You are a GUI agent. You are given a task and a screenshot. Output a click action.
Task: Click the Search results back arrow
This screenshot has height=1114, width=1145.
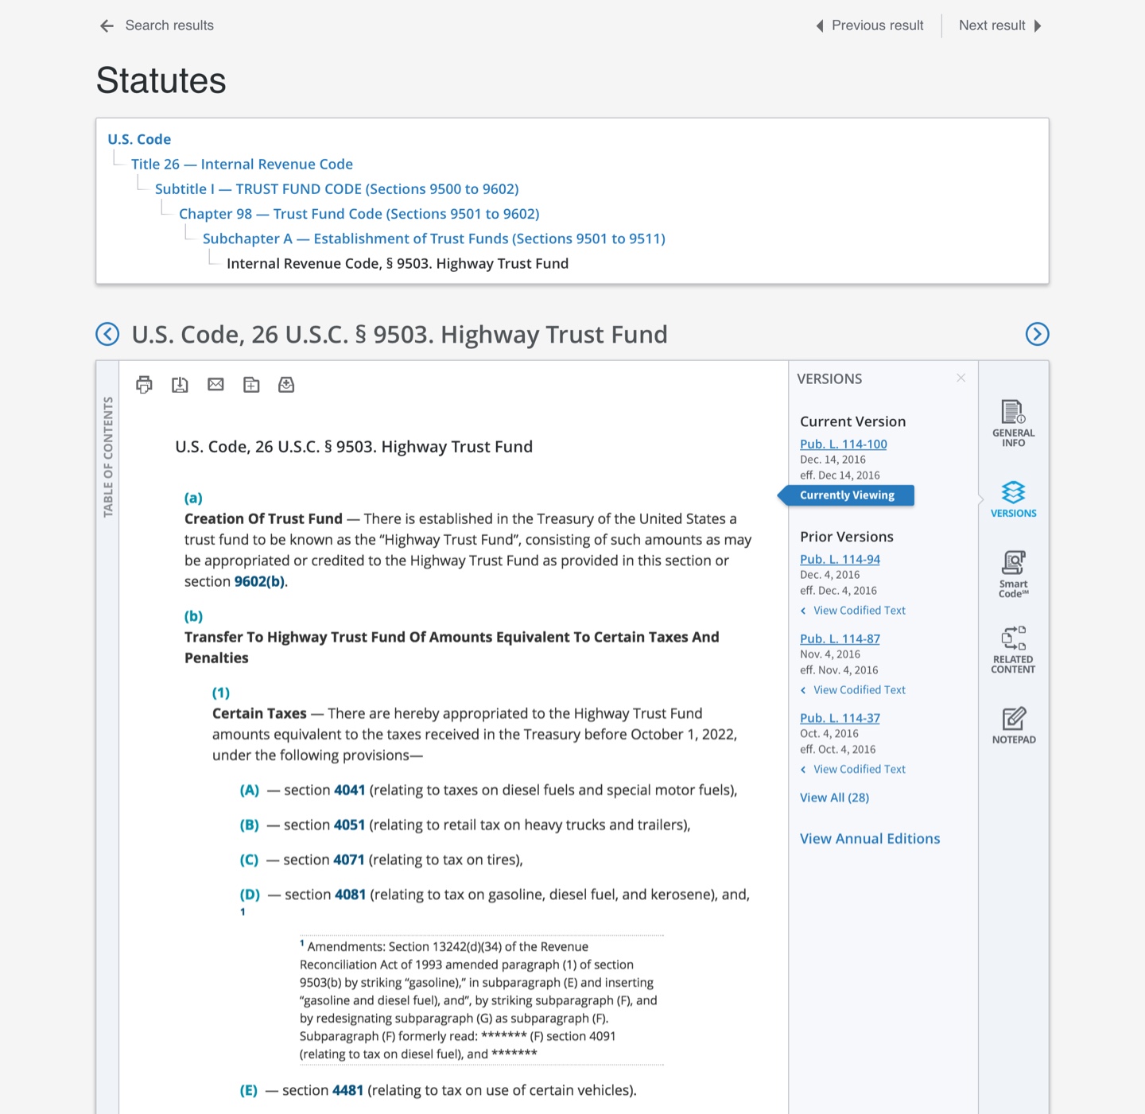click(107, 26)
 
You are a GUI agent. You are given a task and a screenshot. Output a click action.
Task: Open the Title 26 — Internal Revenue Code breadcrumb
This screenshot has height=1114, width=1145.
click(242, 164)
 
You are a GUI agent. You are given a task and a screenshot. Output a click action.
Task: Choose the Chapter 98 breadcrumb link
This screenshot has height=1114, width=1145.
click(359, 214)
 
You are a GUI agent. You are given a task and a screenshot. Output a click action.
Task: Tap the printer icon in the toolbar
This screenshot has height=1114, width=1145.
click(144, 385)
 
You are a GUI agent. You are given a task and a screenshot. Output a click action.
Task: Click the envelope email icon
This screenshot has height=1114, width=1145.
click(215, 385)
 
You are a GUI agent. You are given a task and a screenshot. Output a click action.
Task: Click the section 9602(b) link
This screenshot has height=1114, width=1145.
click(259, 581)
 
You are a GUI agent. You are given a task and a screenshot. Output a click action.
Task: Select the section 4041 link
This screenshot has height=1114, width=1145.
click(349, 790)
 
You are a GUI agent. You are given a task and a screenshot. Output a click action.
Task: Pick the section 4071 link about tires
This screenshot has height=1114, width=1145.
click(348, 860)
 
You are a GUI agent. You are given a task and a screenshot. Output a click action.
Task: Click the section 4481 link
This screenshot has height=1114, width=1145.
click(347, 1090)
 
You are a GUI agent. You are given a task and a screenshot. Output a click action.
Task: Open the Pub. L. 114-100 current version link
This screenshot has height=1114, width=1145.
click(843, 444)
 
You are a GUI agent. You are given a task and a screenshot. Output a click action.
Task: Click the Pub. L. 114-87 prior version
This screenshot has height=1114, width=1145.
click(840, 639)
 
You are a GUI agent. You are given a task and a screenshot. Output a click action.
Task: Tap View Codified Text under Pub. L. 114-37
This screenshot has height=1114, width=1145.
click(859, 769)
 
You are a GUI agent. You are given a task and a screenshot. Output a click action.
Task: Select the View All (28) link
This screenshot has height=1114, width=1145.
click(834, 798)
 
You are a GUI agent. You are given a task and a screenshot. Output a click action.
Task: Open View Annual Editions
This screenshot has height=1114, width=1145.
click(870, 838)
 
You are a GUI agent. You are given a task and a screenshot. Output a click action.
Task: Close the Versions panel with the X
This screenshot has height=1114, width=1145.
click(961, 378)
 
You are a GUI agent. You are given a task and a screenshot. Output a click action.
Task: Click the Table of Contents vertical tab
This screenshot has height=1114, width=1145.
click(108, 456)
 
